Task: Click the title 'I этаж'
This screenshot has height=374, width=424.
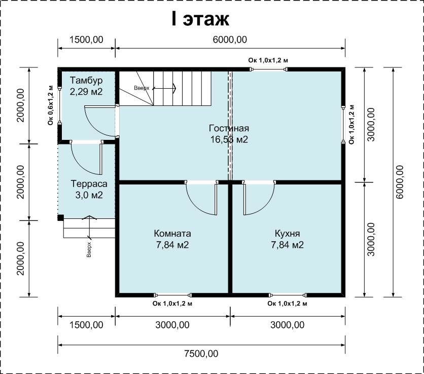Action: coord(200,19)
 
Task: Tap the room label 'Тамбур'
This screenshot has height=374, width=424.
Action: coord(86,81)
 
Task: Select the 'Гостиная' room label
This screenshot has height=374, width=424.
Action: coord(229,128)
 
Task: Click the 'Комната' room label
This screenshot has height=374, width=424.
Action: coord(172,233)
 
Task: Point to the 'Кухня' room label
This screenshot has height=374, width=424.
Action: coord(287,233)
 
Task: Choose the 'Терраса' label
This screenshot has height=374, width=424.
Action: coord(89,184)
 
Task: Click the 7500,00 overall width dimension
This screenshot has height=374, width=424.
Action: coord(201,353)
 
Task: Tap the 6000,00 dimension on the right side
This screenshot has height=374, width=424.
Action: coord(399,182)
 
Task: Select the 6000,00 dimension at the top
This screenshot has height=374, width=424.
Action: coord(230,40)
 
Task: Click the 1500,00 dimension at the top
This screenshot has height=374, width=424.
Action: coord(86,40)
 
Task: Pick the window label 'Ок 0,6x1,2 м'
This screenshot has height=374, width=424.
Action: coord(51,105)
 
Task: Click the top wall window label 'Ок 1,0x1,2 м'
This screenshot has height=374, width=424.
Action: coord(268,60)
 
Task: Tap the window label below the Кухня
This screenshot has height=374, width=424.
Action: coord(287,304)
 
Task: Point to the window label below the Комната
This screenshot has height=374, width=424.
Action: coord(172,304)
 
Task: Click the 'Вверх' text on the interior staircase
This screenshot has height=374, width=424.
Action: coord(142,88)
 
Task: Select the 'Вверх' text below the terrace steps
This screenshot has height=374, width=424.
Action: coord(89,250)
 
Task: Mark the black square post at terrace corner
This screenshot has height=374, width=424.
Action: coord(60,217)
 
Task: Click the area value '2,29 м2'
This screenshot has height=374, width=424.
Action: coord(86,92)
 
